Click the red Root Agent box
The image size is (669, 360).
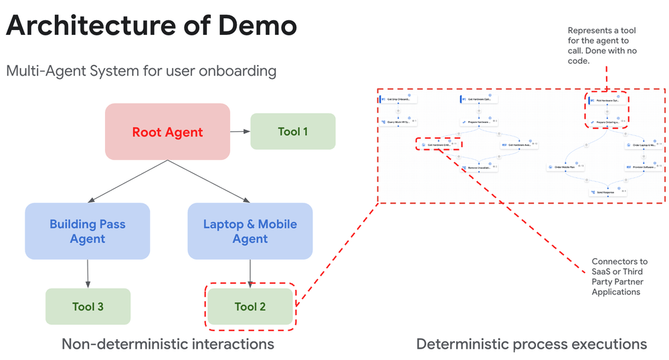[x=167, y=132]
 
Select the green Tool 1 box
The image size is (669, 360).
[x=292, y=131]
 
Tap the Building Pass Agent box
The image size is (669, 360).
[x=88, y=231]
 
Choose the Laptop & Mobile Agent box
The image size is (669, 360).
[x=250, y=231]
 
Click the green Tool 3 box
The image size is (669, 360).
[x=88, y=306]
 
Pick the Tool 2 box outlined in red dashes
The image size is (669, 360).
[x=250, y=306]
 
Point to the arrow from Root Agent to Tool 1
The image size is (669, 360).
[x=240, y=132]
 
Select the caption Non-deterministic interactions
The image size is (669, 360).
[x=167, y=344]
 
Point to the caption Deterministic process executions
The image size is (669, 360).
[x=531, y=344]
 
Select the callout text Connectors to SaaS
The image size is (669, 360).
[x=619, y=266]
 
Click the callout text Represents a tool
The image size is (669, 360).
[x=601, y=31]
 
